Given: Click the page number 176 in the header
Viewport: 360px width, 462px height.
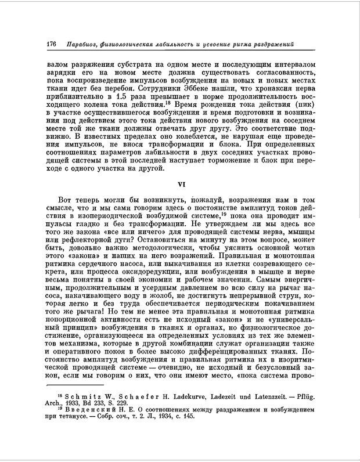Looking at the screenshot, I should [x=50, y=45].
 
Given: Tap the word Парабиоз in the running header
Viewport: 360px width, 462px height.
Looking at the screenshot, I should [x=85, y=45].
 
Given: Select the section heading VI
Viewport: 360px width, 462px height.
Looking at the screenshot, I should [x=180, y=186].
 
